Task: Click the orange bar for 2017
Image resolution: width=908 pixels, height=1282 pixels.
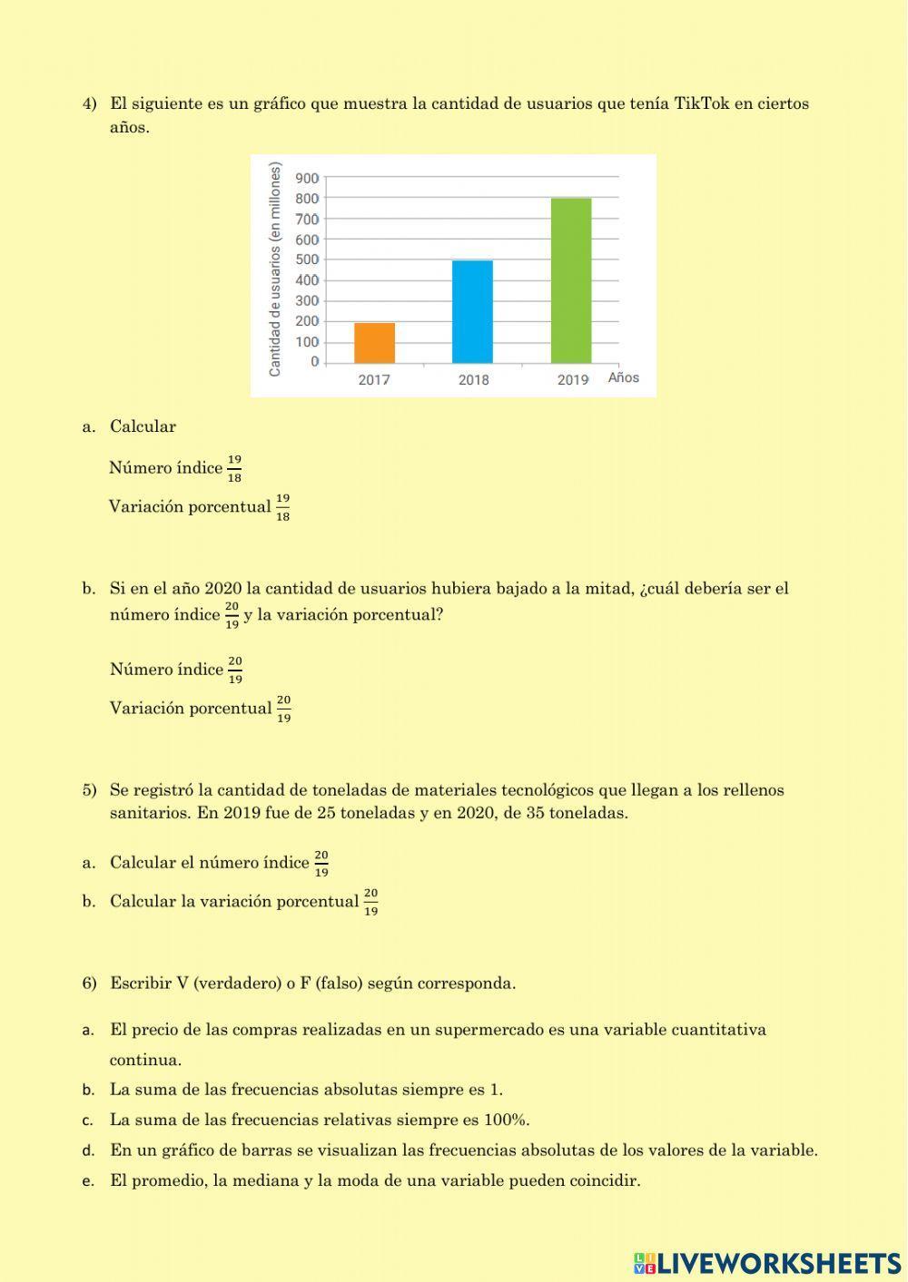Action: tap(374, 343)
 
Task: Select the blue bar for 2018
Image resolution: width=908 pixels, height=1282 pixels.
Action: tap(472, 312)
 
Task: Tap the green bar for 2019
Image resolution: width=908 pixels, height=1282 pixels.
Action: tap(571, 280)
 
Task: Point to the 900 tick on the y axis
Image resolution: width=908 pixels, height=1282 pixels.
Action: tap(307, 178)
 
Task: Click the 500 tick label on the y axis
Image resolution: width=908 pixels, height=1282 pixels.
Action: tap(307, 259)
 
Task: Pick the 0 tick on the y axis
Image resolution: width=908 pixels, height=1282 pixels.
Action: tap(314, 362)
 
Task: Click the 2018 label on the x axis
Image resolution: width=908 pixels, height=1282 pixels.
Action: tap(473, 379)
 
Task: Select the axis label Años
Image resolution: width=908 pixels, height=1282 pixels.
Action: tap(624, 377)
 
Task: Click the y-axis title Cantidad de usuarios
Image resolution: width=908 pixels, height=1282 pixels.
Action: tap(275, 269)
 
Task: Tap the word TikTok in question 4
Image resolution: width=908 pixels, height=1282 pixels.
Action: tap(701, 103)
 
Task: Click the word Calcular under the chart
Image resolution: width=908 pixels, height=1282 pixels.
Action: tap(143, 426)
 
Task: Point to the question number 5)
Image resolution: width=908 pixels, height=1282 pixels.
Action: tap(89, 790)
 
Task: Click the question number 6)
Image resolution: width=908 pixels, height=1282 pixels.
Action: tap(89, 984)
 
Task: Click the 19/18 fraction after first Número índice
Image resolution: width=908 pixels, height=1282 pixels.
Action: tap(234, 469)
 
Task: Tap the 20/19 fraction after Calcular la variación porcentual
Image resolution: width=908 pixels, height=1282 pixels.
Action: tap(370, 902)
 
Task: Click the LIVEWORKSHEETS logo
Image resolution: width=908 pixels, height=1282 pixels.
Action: tap(767, 1263)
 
